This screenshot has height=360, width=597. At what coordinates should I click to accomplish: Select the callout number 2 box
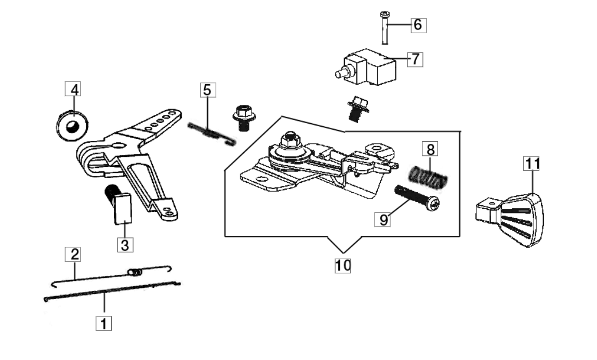pyautogui.click(x=75, y=255)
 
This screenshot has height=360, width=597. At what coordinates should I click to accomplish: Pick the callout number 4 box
pyautogui.click(x=75, y=89)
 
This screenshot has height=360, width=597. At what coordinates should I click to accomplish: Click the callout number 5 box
pyautogui.click(x=207, y=90)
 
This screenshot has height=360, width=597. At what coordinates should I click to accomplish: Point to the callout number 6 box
pyautogui.click(x=419, y=24)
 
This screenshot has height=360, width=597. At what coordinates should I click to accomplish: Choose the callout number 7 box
pyautogui.click(x=415, y=59)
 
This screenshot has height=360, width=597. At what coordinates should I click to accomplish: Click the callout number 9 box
pyautogui.click(x=383, y=220)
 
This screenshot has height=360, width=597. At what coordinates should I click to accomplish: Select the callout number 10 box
pyautogui.click(x=343, y=265)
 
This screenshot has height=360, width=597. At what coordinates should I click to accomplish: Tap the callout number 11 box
pyautogui.click(x=531, y=164)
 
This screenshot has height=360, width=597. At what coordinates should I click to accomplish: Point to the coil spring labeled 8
pyautogui.click(x=428, y=175)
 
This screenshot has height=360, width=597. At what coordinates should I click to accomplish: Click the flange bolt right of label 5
pyautogui.click(x=243, y=117)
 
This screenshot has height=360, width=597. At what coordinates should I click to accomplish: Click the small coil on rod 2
pyautogui.click(x=134, y=271)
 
